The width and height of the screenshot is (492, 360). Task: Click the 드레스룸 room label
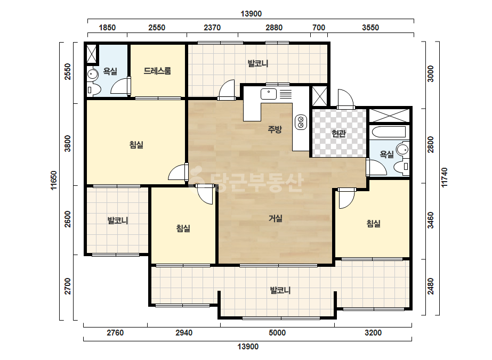157,71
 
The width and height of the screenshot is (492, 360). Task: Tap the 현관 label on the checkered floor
339,134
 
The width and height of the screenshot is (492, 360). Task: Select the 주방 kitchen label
275,129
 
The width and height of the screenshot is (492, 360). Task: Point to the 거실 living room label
276,218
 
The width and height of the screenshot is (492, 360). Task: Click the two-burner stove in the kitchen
301,122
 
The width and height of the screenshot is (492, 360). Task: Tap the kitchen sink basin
269,94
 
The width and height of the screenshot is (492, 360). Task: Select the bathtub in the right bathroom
389,132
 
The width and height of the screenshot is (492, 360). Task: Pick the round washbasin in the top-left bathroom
92,75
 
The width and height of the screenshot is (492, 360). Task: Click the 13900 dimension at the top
251,14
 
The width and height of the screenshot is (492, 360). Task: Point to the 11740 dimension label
445,178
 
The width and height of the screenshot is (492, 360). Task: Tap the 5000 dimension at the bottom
277,333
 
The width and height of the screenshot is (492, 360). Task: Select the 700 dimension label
319,28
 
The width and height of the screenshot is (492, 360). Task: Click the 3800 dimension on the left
68,144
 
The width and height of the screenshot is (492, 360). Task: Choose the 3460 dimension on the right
431,220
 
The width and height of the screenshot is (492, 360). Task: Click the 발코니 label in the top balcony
258,63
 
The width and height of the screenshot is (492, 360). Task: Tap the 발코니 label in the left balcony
118,220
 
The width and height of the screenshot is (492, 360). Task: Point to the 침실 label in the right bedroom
373,224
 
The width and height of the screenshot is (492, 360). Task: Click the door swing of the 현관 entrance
345,98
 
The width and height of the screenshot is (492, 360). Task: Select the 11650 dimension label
54,181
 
